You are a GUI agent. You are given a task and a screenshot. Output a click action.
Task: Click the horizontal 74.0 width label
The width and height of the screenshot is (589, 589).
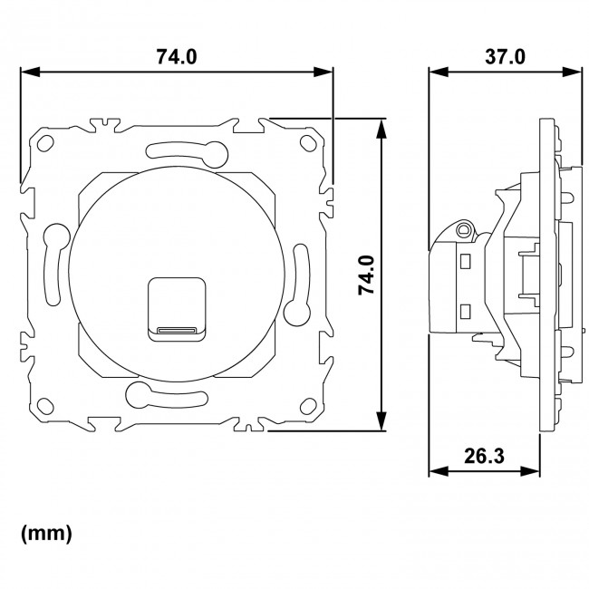tap(177, 56)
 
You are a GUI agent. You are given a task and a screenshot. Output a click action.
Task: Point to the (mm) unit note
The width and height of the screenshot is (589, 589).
tap(46, 534)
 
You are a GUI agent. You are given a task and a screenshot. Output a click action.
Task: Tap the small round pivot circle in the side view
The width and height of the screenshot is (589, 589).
tap(465, 230)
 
